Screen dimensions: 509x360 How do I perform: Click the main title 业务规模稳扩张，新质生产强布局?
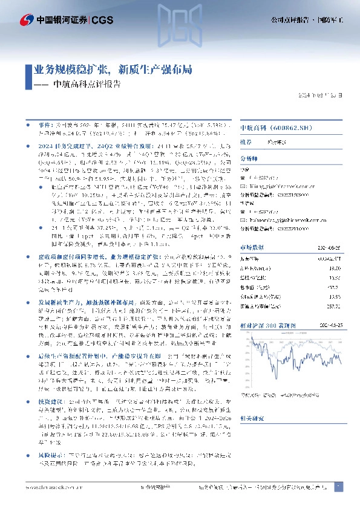pos(109,70)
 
